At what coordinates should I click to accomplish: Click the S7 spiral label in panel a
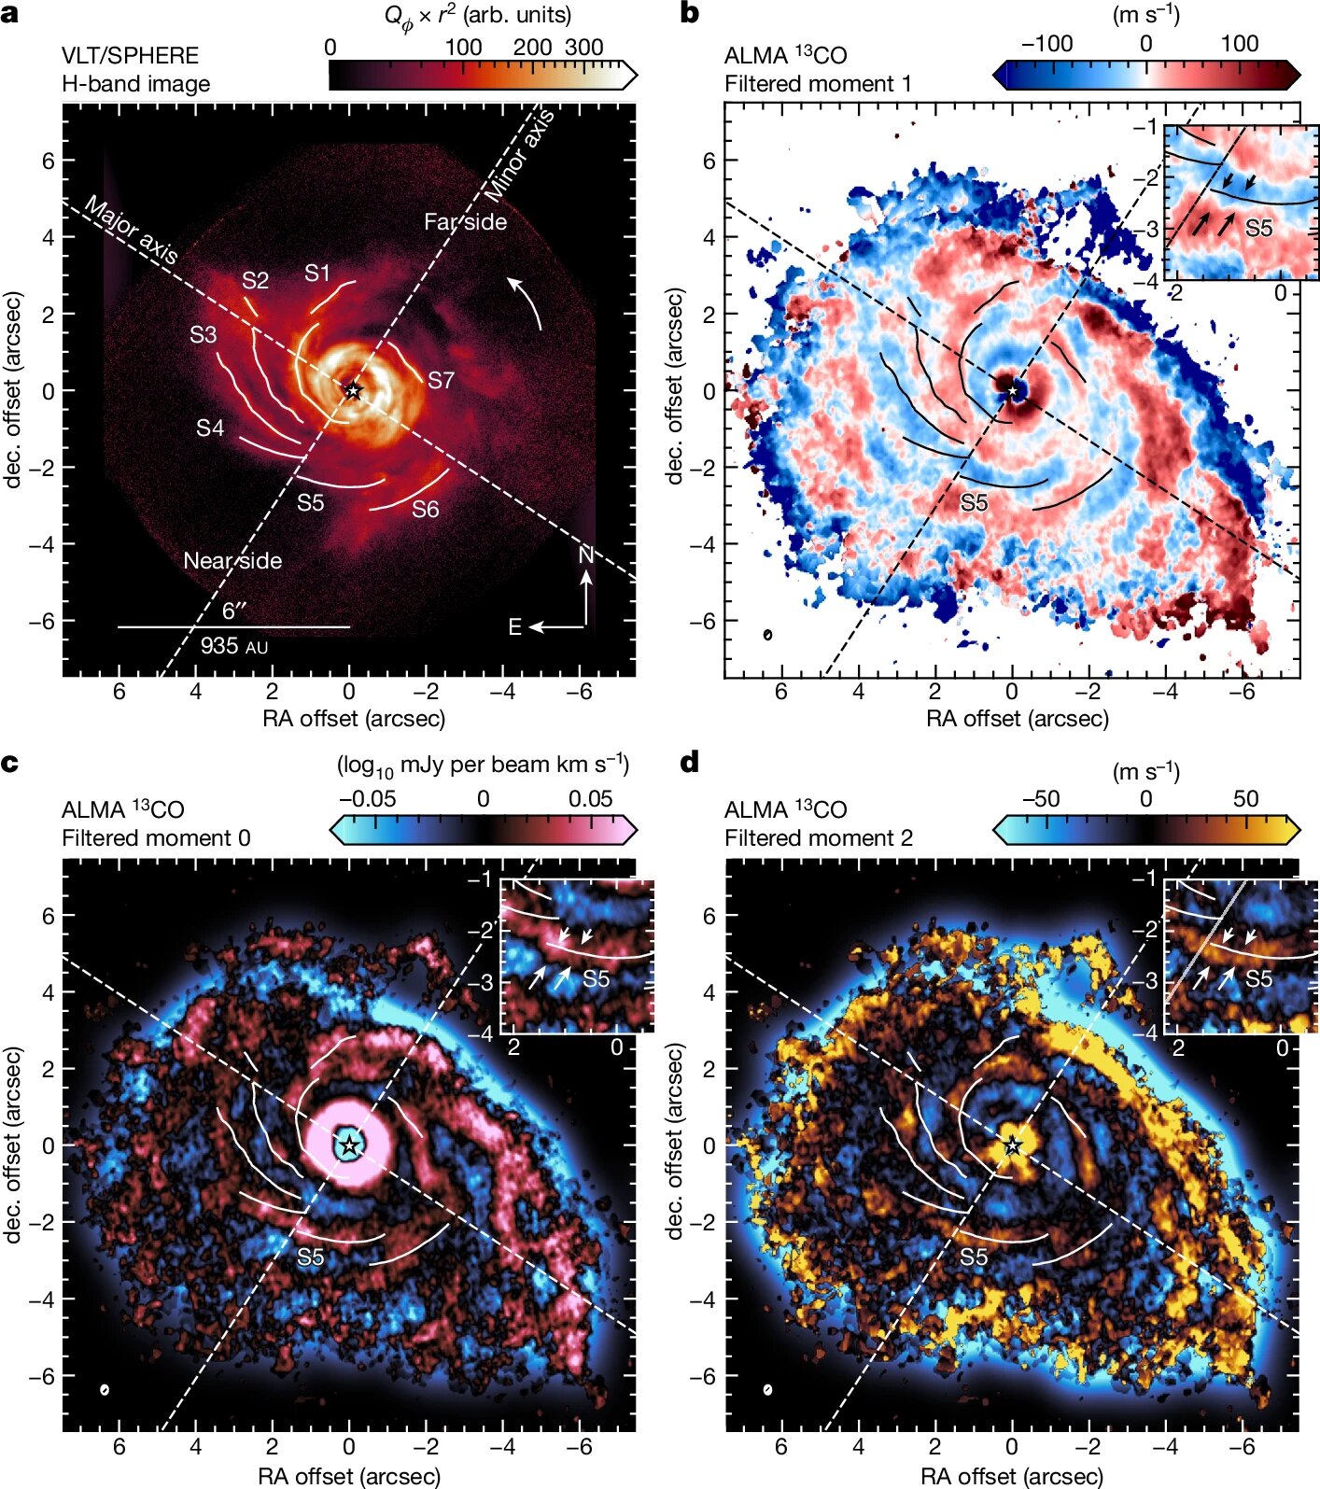441,380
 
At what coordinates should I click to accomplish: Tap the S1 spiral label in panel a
317,273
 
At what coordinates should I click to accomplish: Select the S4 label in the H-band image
210,428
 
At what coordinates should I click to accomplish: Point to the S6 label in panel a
426,509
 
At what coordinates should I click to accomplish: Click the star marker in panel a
352,391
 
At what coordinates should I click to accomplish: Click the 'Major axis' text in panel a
131,230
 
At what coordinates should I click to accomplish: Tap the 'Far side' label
465,222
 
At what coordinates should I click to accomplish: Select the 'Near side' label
232,560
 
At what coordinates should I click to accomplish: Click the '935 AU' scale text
233,645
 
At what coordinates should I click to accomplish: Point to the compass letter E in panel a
514,627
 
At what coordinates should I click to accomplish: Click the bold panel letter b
689,15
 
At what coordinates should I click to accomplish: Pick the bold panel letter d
689,763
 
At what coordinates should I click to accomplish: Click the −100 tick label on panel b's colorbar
1046,44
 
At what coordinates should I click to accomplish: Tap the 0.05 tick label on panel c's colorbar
590,799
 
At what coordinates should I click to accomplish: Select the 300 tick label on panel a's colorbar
584,47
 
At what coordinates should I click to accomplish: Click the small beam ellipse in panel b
767,635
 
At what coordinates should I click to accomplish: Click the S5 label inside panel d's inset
1258,978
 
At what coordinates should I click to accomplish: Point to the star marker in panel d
1012,1145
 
